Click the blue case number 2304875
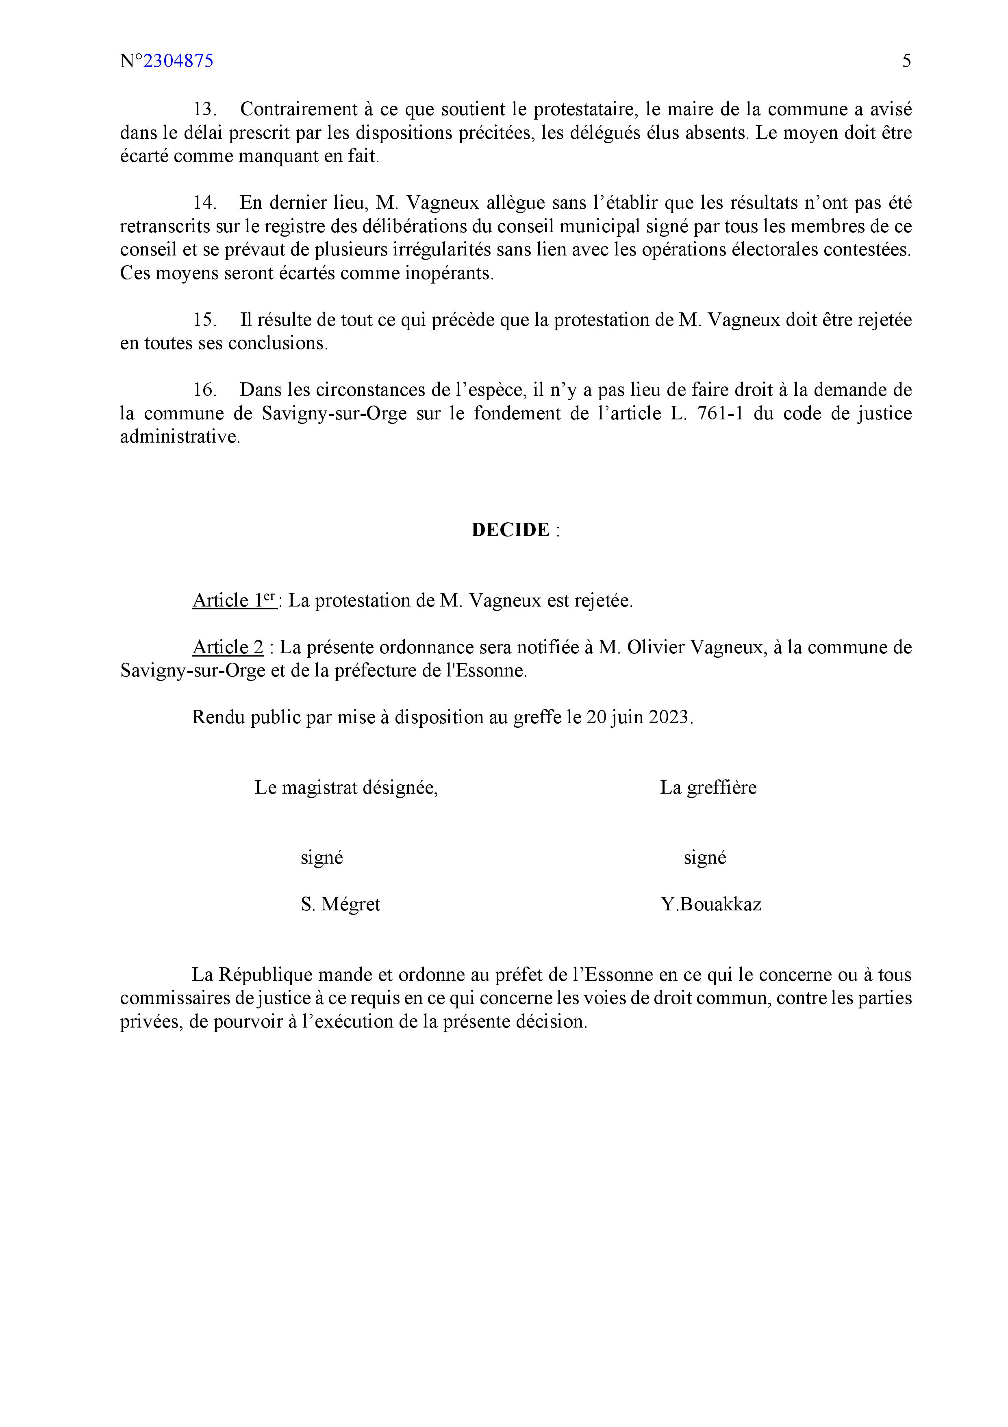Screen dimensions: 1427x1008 coord(178,61)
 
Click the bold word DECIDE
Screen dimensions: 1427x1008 coord(510,530)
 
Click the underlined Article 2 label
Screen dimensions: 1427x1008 coord(228,648)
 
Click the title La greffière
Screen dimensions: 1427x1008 coord(708,788)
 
